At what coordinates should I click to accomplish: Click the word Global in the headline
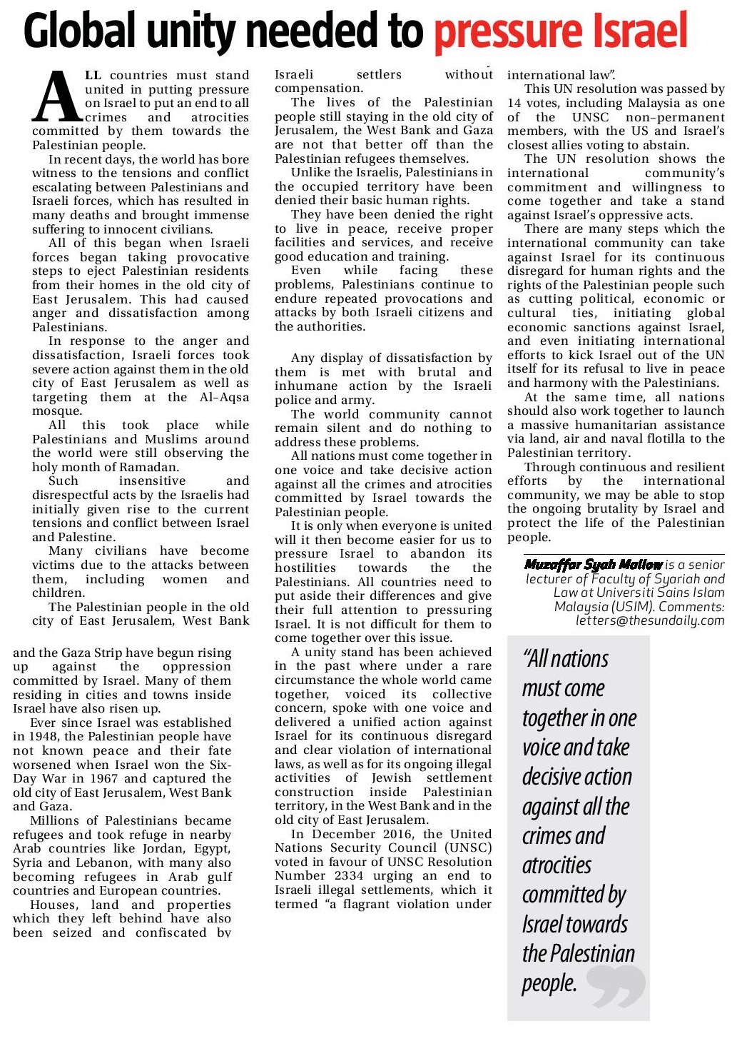click(x=79, y=31)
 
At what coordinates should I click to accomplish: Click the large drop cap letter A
click(x=57, y=97)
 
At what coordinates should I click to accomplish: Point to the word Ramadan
click(x=146, y=467)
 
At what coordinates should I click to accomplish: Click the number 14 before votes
click(x=514, y=104)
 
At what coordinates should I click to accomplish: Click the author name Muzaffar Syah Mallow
click(x=593, y=565)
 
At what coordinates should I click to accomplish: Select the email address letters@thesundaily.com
click(x=650, y=620)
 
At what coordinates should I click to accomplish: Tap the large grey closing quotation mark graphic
click(x=618, y=987)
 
